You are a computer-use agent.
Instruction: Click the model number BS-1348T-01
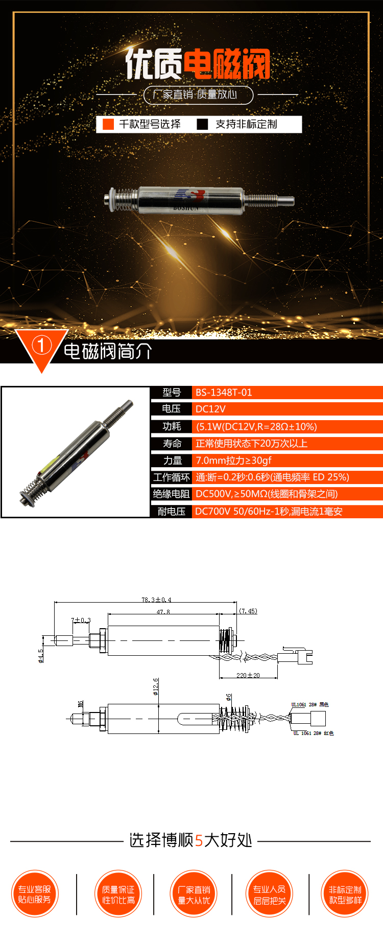point(224,393)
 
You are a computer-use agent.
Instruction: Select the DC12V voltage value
point(210,409)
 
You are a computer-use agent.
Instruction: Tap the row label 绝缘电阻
point(172,494)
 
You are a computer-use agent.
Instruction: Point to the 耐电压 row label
point(172,511)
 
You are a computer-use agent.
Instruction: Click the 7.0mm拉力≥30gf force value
point(233,461)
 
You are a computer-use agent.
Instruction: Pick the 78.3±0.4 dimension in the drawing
point(156,600)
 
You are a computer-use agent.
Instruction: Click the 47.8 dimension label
point(163,612)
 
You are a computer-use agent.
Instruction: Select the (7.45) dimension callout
point(248,611)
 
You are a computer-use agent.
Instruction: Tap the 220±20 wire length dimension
point(248,675)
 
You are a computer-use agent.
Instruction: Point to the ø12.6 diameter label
point(156,686)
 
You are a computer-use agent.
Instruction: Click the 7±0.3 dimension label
point(81,620)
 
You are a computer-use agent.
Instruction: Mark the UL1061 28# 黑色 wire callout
point(310,705)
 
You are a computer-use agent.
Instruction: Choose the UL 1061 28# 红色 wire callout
point(313,733)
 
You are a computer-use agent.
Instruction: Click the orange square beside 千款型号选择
point(108,124)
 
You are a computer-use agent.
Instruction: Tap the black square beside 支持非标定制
point(203,124)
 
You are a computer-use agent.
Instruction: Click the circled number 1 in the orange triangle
point(41,346)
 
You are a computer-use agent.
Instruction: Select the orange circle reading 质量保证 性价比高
point(118,894)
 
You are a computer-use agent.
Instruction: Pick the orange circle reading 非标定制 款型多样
point(345,894)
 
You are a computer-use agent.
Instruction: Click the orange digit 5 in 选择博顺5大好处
point(199,840)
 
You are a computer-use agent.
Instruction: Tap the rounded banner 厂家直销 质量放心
point(198,95)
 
